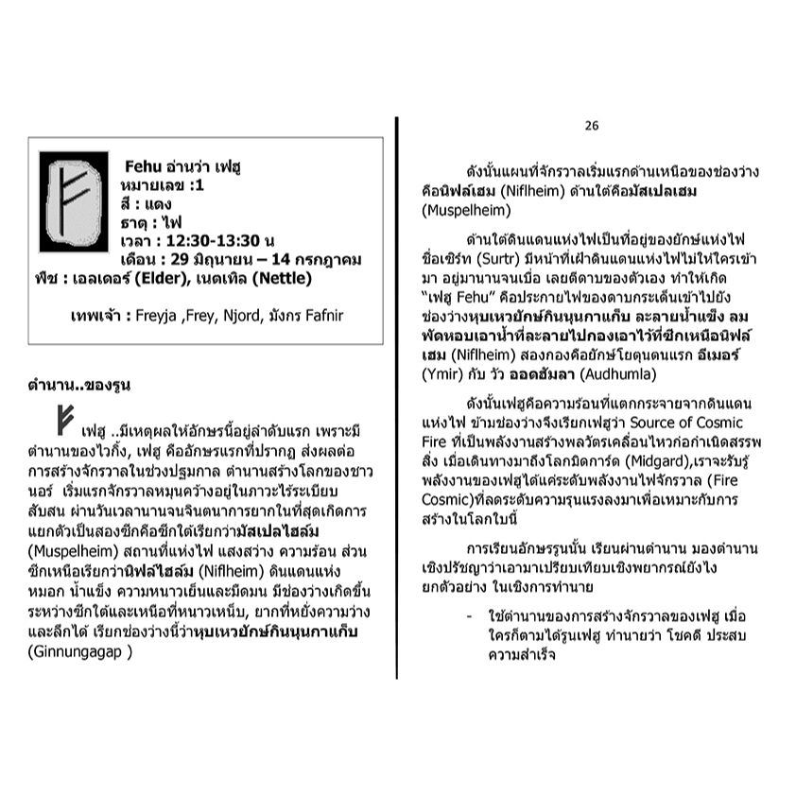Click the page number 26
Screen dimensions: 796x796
point(592,125)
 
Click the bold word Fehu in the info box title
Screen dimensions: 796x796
point(141,167)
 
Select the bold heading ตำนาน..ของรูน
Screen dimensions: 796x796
point(79,386)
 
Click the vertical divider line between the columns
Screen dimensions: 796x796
point(398,397)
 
